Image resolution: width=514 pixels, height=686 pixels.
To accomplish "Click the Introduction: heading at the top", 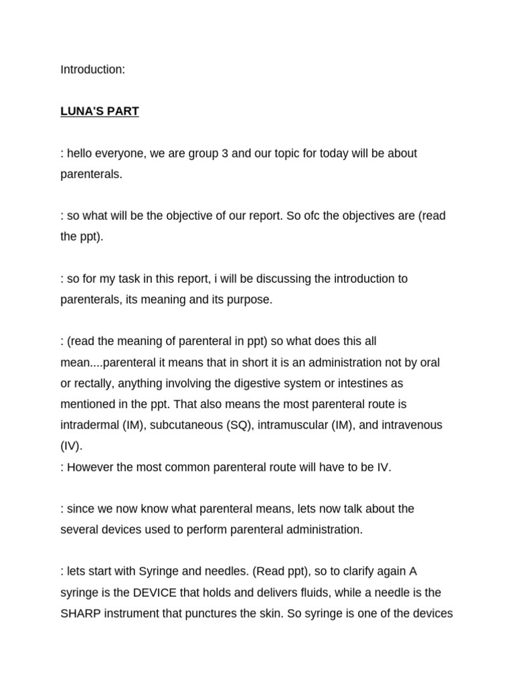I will pos(92,70).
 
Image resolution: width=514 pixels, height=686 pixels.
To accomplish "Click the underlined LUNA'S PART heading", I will pos(100,111).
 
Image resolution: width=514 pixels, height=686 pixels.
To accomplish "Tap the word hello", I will pos(82,153).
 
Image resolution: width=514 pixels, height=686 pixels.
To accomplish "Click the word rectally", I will pos(94,383).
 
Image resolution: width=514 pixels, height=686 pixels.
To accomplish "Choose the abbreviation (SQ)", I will pos(238,425).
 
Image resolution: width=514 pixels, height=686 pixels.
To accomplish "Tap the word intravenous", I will pos(409,425).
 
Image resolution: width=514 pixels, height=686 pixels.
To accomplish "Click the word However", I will pos(89,467).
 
